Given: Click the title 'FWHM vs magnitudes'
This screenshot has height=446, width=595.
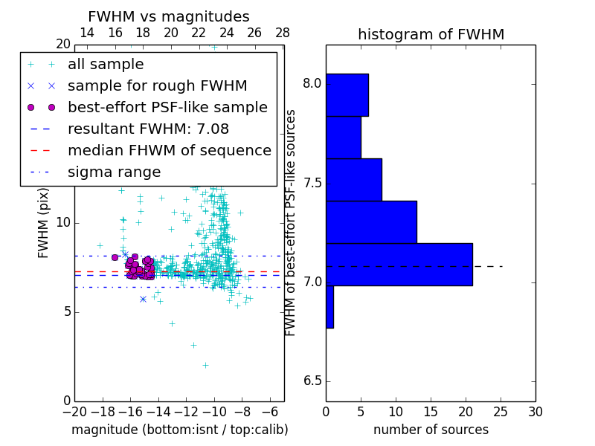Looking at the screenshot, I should (169, 16).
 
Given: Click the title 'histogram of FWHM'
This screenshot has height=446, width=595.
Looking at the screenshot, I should (431, 34).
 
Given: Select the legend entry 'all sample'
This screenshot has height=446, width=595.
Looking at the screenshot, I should (106, 65).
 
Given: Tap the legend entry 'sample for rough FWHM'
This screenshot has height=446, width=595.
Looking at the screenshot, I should (157, 86).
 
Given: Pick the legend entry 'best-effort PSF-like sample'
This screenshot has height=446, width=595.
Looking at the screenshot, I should (167, 108).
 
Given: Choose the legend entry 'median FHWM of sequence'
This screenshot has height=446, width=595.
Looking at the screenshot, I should (169, 150).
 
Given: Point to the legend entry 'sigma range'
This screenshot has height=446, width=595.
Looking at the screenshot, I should (114, 172).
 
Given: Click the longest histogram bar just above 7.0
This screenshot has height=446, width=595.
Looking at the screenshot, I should (399, 264).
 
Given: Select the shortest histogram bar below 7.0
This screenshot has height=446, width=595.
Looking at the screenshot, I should (329, 306).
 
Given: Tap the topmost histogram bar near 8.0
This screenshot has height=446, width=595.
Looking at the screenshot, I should (347, 94).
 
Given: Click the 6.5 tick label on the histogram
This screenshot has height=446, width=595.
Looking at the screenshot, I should (311, 381).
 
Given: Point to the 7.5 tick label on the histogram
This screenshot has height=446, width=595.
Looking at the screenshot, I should (311, 184).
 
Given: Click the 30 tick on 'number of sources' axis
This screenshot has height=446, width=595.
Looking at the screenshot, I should (535, 412).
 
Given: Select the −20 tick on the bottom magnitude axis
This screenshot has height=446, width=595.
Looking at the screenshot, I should (74, 412).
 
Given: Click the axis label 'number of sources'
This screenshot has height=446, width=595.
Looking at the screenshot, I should (431, 430).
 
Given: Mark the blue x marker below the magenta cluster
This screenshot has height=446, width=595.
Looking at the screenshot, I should (143, 299).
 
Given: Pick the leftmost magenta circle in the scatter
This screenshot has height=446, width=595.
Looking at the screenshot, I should (115, 257).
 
